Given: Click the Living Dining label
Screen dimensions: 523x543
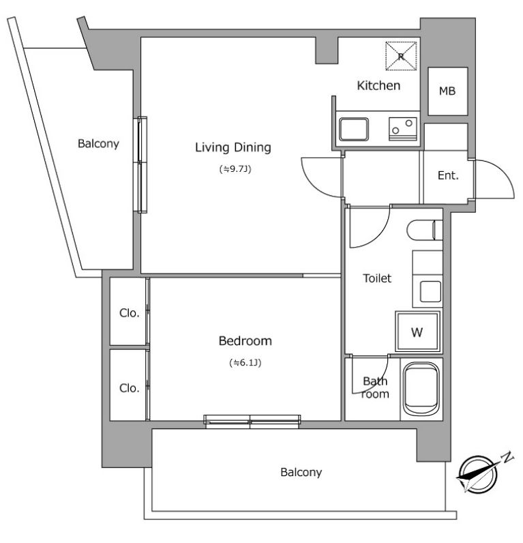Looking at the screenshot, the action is [x=233, y=148].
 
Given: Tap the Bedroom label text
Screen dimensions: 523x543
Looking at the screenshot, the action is [x=245, y=341].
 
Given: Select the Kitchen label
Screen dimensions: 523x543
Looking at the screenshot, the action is [x=378, y=85].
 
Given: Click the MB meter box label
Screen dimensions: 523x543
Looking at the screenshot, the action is [x=447, y=91].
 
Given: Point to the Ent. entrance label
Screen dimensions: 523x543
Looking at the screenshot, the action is [x=448, y=175].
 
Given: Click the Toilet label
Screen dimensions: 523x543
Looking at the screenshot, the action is [x=377, y=278].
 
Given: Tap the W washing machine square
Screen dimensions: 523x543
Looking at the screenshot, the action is [x=417, y=332].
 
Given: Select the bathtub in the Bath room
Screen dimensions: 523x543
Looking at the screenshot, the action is [x=421, y=389].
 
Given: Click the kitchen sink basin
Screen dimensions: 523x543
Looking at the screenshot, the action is [x=353, y=130].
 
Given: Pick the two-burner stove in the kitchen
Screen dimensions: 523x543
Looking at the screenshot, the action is [x=402, y=129].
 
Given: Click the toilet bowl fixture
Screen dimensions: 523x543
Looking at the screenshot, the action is [x=425, y=230].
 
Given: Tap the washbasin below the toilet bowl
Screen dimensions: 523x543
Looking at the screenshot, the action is [x=430, y=291].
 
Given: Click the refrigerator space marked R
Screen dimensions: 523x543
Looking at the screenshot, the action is [x=401, y=56].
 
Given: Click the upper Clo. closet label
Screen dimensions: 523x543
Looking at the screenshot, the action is [x=129, y=313].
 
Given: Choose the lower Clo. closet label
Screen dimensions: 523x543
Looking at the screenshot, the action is [x=129, y=388].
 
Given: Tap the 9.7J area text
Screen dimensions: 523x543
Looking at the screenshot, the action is [x=235, y=169].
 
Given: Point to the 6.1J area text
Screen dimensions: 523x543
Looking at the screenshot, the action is [x=245, y=363].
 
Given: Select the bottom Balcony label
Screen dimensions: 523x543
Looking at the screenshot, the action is [x=301, y=472].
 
